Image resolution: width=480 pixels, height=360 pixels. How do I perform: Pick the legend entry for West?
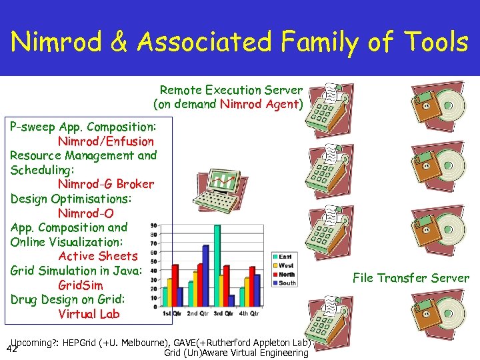(285, 266)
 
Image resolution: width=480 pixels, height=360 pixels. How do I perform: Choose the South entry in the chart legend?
(286, 283)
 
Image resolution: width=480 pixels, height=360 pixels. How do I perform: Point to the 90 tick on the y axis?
(155, 225)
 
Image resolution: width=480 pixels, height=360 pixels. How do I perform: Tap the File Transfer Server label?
(411, 278)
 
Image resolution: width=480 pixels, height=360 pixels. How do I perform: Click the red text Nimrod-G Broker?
(105, 184)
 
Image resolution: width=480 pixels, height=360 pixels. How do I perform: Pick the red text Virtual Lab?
(88, 314)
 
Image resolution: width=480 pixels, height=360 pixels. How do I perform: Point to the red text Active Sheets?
(97, 256)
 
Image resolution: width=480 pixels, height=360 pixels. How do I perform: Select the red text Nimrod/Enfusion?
(105, 141)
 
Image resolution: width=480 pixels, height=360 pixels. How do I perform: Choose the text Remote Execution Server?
(231, 90)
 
